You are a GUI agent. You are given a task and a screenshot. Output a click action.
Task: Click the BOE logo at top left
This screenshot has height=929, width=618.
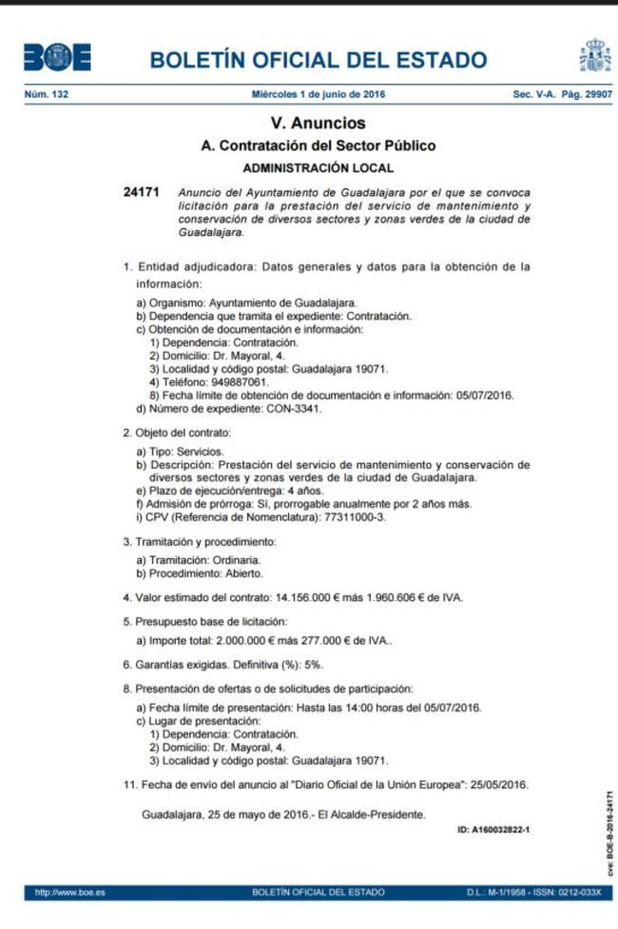[57, 58]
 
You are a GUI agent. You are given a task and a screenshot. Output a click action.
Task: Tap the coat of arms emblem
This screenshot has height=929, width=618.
[595, 57]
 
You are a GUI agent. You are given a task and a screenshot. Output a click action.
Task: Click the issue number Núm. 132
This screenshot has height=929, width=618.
[47, 95]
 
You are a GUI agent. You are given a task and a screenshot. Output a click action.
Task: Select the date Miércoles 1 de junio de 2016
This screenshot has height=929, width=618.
[319, 95]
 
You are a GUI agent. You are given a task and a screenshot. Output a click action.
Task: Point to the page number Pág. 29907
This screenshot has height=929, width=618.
[589, 95]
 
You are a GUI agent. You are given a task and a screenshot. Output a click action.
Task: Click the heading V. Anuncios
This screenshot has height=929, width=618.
[319, 124]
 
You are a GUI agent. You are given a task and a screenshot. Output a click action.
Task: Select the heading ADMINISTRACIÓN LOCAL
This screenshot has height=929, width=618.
[319, 167]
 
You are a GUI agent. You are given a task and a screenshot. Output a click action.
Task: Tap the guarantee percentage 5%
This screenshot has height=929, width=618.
[314, 665]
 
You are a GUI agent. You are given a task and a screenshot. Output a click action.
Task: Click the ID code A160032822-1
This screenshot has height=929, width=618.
[493, 830]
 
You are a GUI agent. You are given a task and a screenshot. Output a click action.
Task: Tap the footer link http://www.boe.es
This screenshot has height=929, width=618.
[69, 893]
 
